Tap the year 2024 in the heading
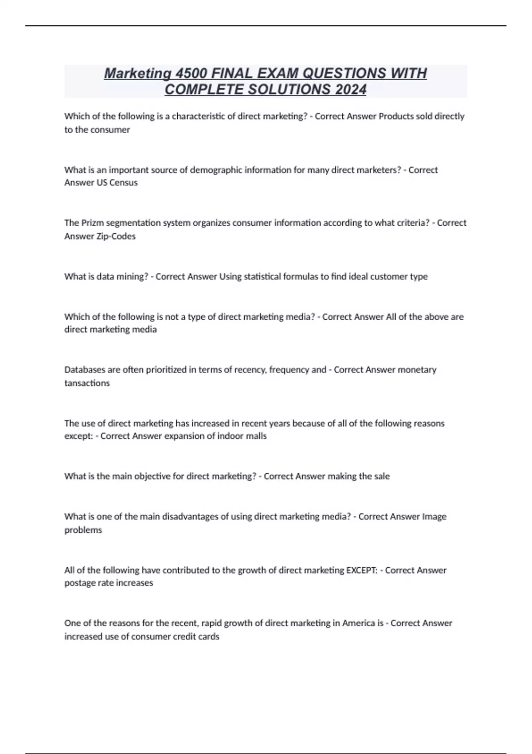point(351,90)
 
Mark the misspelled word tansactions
point(87,383)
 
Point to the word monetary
point(417,370)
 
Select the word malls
point(256,436)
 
